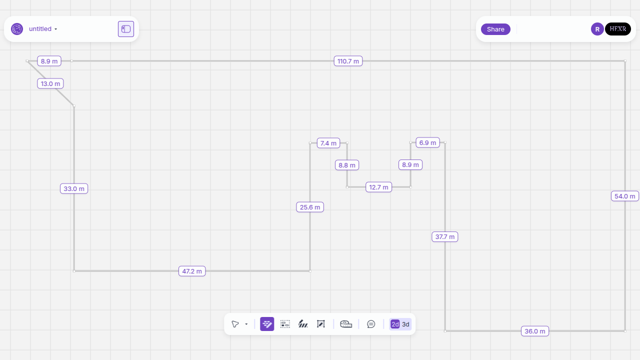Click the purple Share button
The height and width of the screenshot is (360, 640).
point(495,29)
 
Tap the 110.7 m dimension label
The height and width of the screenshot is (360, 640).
point(348,61)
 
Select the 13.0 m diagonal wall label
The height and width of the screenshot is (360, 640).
point(50,83)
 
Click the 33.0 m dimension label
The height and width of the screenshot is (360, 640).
point(74,188)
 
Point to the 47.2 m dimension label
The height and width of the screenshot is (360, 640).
point(192,271)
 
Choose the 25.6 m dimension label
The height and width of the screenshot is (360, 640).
point(310,207)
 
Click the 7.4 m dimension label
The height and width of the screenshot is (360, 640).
point(328,143)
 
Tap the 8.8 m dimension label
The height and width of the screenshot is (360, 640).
point(347,165)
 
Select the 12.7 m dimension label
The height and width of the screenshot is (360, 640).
point(378,187)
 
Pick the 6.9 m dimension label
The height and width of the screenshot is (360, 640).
point(427,142)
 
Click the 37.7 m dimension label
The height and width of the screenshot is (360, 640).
point(445,236)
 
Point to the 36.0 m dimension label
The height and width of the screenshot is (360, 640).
point(535,331)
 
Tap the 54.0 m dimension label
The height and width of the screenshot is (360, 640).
point(625,196)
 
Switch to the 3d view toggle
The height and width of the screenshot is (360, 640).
point(405,324)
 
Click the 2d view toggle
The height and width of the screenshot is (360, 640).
point(395,324)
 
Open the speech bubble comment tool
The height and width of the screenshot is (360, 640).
point(371,324)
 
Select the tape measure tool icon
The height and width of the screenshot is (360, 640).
point(346,324)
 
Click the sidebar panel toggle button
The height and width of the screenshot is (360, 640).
point(126,29)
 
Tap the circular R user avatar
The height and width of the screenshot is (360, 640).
point(597,29)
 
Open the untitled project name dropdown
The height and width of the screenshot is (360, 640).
point(43,29)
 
